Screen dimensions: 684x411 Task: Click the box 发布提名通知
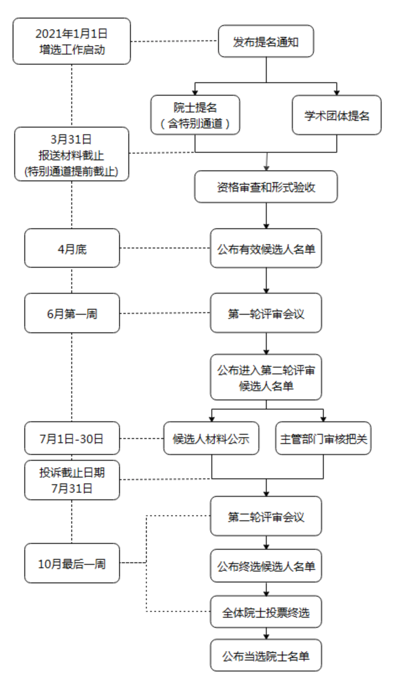(266, 41)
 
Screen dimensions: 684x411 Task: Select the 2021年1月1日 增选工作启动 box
(72, 41)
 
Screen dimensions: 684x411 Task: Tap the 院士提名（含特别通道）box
(195, 115)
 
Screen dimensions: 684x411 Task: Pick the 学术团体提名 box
(336, 115)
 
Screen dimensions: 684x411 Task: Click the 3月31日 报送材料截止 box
(72, 154)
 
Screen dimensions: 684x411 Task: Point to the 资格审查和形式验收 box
(266, 187)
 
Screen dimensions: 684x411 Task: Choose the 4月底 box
(72, 248)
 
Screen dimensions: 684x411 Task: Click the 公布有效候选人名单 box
(266, 248)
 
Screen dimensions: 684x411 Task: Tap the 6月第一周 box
(72, 313)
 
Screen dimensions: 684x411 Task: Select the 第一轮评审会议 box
(266, 313)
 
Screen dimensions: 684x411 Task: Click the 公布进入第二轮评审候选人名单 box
(266, 377)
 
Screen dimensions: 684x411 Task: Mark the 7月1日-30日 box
(72, 439)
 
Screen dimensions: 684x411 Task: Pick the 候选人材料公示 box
(211, 439)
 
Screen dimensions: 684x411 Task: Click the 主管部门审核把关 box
(323, 439)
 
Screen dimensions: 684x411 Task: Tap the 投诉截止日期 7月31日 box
(72, 480)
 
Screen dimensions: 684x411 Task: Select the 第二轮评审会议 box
(266, 516)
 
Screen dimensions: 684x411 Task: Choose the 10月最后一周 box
(72, 563)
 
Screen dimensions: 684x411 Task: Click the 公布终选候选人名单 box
(266, 566)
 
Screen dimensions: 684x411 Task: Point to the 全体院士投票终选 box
(266, 612)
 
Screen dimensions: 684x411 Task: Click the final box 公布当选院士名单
(266, 655)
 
